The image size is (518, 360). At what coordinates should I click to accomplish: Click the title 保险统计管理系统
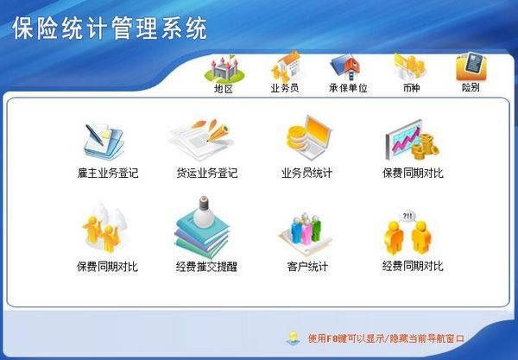point(110,29)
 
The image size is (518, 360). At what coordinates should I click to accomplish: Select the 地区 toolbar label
point(224,88)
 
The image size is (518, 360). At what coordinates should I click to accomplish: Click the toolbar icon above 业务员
point(285,67)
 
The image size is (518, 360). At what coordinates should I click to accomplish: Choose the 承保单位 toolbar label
point(348,88)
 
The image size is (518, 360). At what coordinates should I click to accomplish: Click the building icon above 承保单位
point(348,67)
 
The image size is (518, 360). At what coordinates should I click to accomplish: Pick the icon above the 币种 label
point(409,66)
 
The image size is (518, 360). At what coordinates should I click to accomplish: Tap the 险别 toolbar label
point(471,88)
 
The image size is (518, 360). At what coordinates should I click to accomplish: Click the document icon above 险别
point(471,65)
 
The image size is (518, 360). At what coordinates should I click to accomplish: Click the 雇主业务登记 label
point(107,173)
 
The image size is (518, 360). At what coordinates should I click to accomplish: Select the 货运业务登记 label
point(206,173)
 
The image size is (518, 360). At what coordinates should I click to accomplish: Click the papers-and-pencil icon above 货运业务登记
point(204,138)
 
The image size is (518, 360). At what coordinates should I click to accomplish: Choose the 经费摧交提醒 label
point(206,266)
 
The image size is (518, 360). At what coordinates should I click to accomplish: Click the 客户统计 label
point(307,266)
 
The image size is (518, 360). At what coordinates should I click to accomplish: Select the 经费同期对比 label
point(413,266)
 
